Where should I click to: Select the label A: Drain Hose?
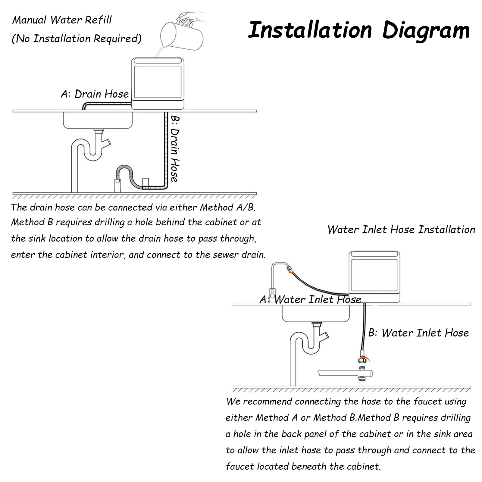pos(95,94)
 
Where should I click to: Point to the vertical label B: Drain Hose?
pos(174,149)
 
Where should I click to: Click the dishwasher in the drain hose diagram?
pos(158,83)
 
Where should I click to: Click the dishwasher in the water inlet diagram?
pos(374,277)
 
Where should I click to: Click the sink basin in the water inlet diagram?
pos(316,313)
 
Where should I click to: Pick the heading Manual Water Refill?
pos(62,20)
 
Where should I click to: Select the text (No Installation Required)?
pos(77,39)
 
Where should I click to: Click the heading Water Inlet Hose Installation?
pos(401,230)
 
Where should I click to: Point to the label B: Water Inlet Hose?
pos(418,333)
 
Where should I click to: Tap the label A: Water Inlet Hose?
pos(310,299)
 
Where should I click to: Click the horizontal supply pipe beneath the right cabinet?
pos(345,374)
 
